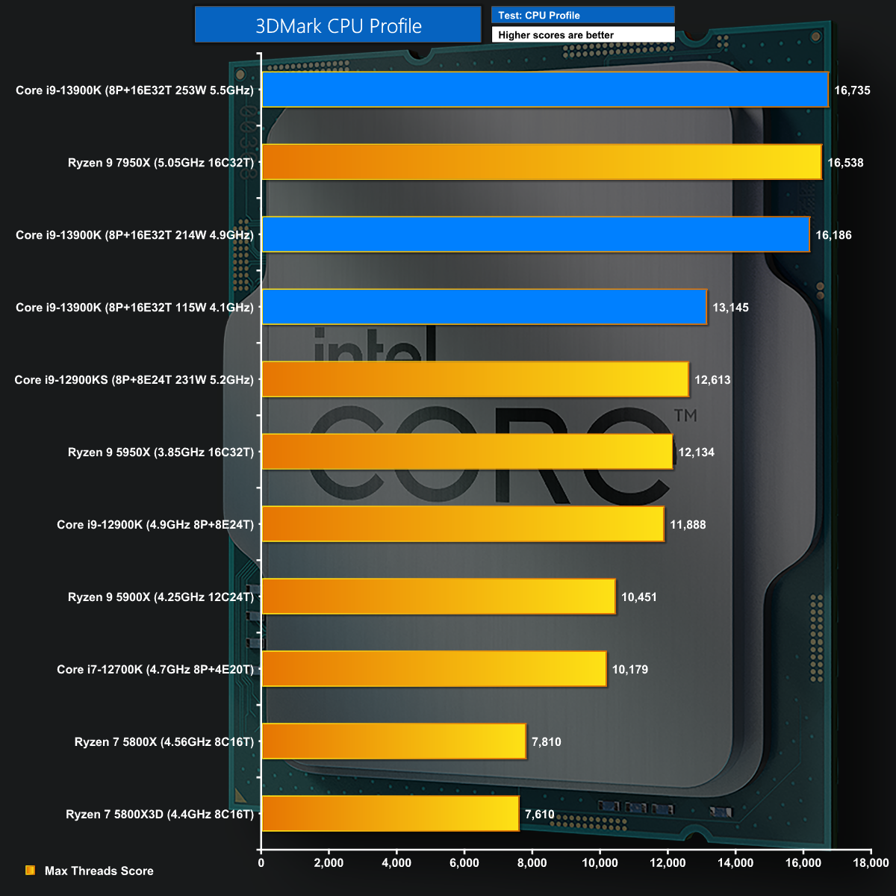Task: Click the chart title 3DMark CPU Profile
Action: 338,25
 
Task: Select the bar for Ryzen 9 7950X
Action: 541,162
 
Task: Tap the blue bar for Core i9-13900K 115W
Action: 484,307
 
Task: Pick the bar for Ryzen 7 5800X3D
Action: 390,813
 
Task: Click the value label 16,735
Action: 852,90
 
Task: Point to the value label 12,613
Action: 712,380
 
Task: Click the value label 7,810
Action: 546,742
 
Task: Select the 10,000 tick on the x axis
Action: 600,863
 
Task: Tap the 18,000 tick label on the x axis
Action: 871,863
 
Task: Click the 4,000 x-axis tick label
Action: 396,863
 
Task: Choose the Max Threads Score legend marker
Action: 31,871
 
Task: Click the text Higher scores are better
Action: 556,35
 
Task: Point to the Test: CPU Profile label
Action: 539,15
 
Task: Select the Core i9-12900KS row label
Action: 134,380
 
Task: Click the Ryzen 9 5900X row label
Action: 161,597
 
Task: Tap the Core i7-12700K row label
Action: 155,670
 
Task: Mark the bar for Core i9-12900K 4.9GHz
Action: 463,524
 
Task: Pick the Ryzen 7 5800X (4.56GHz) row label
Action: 164,742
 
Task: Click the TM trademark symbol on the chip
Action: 685,415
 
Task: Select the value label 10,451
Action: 638,597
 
